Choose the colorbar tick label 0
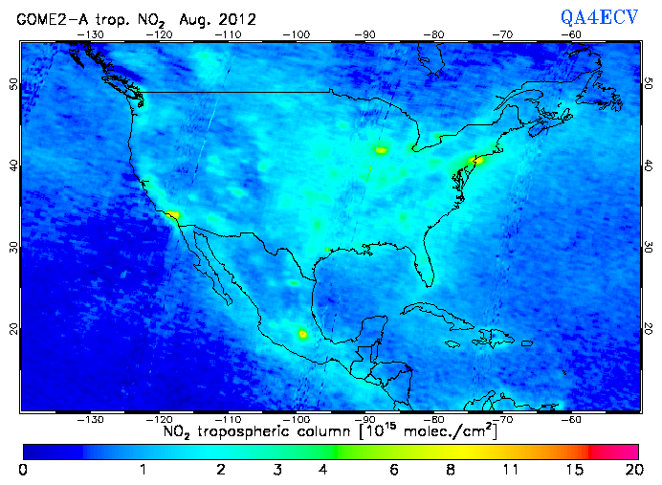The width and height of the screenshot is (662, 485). (x=23, y=470)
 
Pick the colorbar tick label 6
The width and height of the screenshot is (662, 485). (x=393, y=470)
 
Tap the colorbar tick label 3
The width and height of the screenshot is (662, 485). (x=277, y=470)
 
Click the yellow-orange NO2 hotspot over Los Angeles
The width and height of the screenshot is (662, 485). (x=172, y=215)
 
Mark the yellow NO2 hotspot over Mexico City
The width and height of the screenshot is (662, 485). (x=303, y=334)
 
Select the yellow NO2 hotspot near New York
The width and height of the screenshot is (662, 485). (x=478, y=160)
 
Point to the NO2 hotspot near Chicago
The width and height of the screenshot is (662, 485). (x=382, y=150)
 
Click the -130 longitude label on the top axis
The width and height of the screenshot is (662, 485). (x=92, y=34)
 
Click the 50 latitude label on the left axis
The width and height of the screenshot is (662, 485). (x=12, y=84)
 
